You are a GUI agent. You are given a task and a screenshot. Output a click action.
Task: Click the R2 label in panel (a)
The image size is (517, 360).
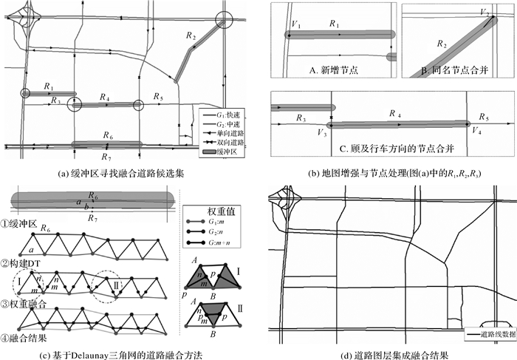(191, 35)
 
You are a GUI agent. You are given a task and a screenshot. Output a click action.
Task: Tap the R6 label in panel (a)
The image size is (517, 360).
(108, 135)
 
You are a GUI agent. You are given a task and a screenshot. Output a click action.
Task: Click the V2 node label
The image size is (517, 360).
(484, 13)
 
